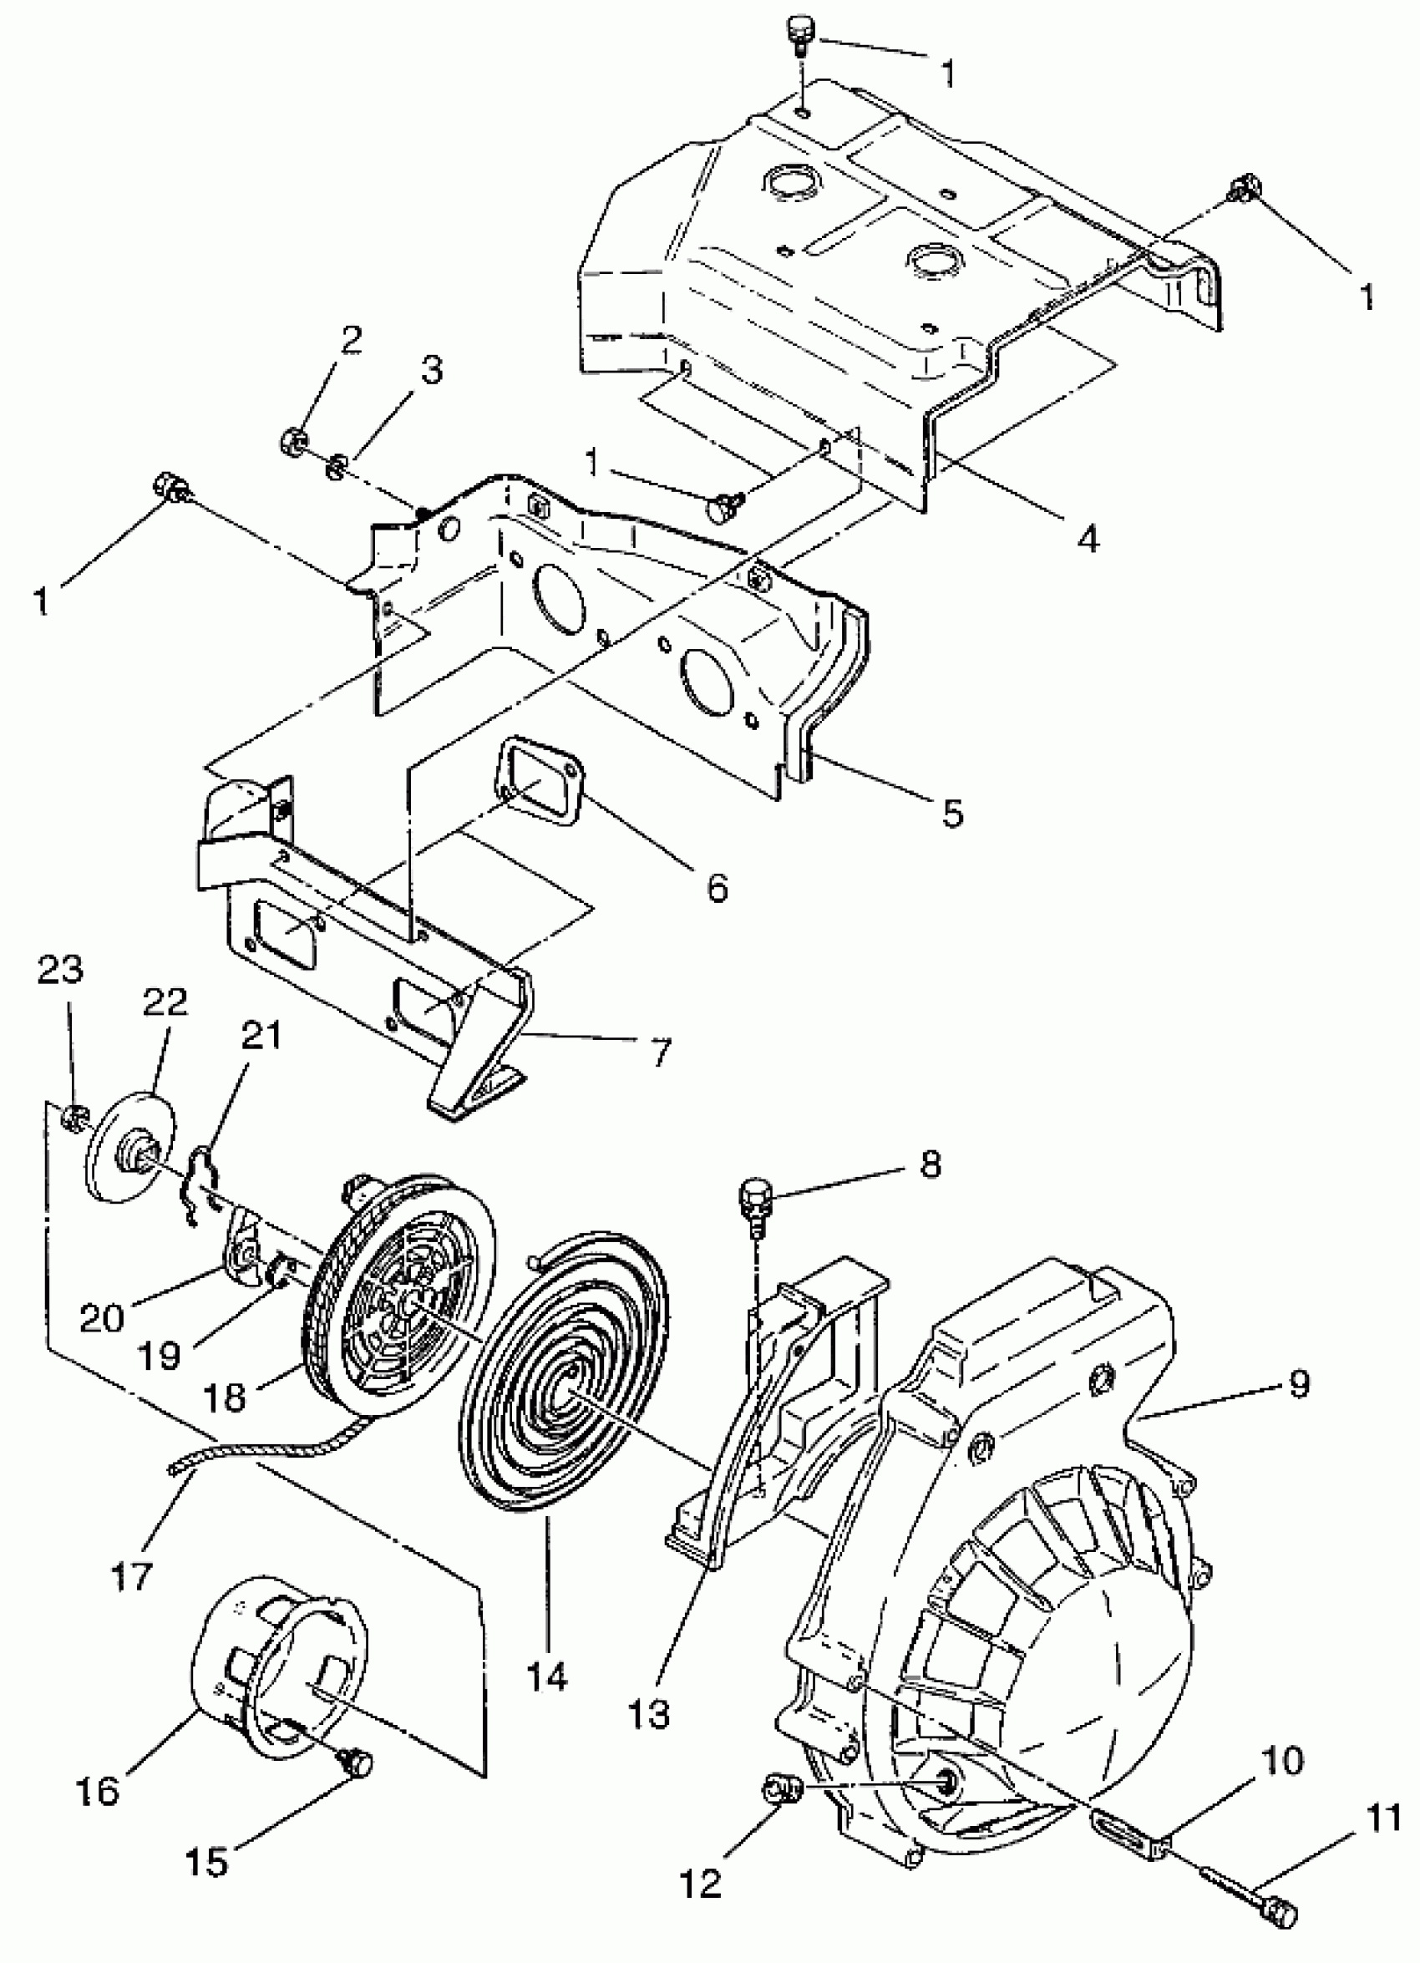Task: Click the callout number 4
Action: click(x=1087, y=538)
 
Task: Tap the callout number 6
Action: click(x=717, y=886)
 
